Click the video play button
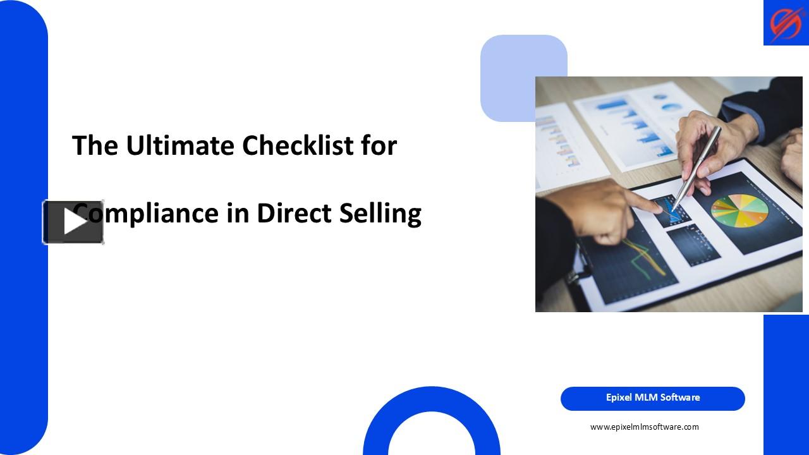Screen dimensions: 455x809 [x=73, y=222]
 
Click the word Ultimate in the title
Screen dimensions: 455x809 [x=179, y=145]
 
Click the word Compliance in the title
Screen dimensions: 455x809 [x=152, y=214]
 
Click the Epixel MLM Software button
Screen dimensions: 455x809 [x=652, y=398]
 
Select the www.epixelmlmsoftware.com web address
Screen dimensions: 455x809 [x=644, y=427]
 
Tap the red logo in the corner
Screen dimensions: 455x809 [x=786, y=23]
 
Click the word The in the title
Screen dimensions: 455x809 [x=95, y=145]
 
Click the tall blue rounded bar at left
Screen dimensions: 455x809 [x=23, y=227]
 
